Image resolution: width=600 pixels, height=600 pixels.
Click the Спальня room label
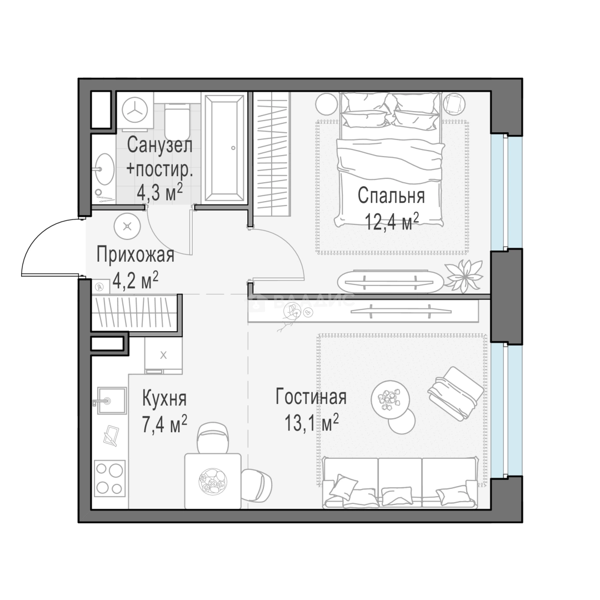391,196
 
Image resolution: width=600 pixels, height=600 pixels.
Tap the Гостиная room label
311,397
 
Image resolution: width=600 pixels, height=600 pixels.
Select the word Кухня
164,398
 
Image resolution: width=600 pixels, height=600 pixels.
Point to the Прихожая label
136,254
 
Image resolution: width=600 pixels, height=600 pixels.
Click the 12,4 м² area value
392,222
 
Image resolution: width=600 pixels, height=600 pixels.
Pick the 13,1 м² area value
312,422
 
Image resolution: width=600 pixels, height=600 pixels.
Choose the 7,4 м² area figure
164,424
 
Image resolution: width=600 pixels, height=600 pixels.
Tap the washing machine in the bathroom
134,110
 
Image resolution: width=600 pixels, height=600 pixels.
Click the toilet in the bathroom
177,122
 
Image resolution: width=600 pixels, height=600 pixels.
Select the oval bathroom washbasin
104,169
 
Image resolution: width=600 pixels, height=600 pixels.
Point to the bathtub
224,147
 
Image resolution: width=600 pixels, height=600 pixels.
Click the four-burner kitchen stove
110,478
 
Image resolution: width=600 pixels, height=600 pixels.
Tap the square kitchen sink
111,400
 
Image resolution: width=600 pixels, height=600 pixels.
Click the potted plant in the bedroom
463,276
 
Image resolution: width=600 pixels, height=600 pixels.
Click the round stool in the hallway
127,227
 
